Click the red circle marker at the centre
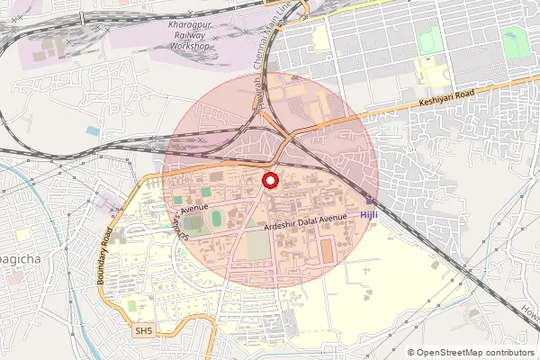pyautogui.click(x=269, y=181)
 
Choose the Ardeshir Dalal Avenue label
pyautogui.click(x=306, y=221)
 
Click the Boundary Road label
pyautogui.click(x=104, y=256)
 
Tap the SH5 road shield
pyautogui.click(x=144, y=331)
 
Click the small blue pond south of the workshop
pyautogui.click(x=94, y=131)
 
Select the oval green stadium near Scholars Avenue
pyautogui.click(x=216, y=219)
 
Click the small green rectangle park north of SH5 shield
pyautogui.click(x=132, y=306)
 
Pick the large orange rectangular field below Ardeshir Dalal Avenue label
pyautogui.click(x=257, y=246)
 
